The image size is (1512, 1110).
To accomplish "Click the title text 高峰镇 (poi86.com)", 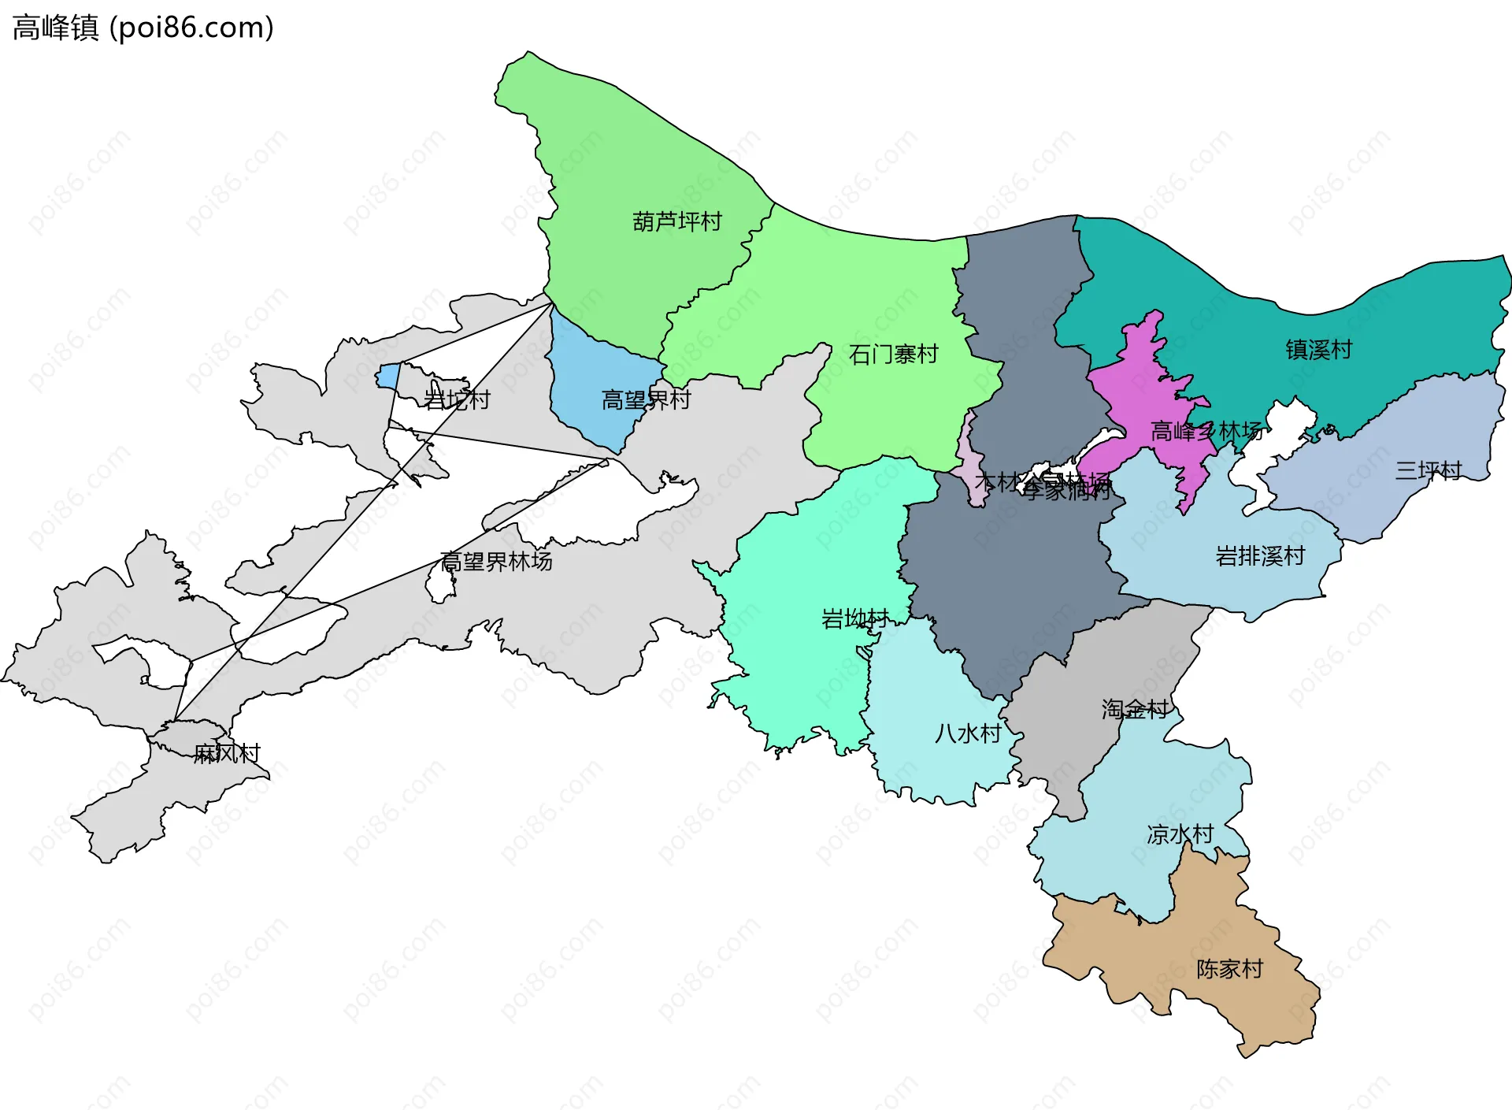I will pyautogui.click(x=143, y=28).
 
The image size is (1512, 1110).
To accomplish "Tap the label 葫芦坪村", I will pyautogui.click(x=677, y=222).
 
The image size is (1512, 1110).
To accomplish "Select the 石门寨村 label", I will pyautogui.click(x=893, y=355).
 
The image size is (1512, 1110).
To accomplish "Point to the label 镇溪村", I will pyautogui.click(x=1318, y=350).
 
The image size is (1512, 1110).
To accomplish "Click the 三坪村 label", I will pyautogui.click(x=1428, y=471).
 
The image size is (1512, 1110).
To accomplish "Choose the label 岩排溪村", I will pyautogui.click(x=1260, y=556).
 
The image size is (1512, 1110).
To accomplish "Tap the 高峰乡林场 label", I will pyautogui.click(x=1206, y=432).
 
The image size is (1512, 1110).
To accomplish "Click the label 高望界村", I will pyautogui.click(x=646, y=400).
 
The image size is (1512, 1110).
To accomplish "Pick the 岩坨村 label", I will pyautogui.click(x=457, y=400).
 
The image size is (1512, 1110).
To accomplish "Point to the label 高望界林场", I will pyautogui.click(x=496, y=562).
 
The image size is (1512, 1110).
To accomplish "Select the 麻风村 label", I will pyautogui.click(x=227, y=754).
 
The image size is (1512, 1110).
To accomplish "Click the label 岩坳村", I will pyautogui.click(x=854, y=619).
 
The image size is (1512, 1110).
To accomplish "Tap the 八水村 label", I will pyautogui.click(x=968, y=734).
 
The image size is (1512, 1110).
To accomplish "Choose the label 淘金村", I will pyautogui.click(x=1135, y=710).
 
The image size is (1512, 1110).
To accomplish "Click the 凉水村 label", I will pyautogui.click(x=1180, y=834).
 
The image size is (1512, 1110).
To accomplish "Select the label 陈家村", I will pyautogui.click(x=1229, y=969).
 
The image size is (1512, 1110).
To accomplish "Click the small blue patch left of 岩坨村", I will pyautogui.click(x=387, y=376).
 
